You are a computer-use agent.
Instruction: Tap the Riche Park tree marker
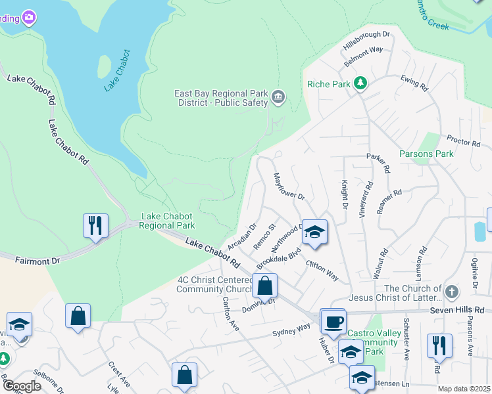click(x=360, y=83)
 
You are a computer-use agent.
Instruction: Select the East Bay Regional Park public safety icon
click(x=278, y=98)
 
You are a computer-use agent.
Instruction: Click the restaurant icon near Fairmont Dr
click(x=95, y=225)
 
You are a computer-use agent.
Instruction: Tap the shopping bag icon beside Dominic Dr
click(x=264, y=286)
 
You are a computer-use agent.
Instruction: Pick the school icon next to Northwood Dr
click(x=314, y=232)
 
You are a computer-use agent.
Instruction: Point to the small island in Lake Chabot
click(x=104, y=66)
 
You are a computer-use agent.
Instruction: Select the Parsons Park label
click(x=426, y=154)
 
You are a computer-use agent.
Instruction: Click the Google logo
click(x=22, y=386)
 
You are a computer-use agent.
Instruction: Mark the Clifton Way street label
click(x=322, y=271)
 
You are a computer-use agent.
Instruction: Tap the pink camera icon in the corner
click(x=28, y=18)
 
